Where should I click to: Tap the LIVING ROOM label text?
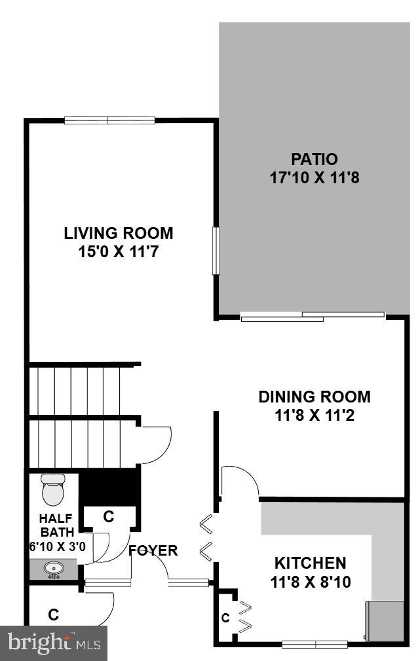(119, 233)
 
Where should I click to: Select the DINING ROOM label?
(314, 397)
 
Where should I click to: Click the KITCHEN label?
(310, 563)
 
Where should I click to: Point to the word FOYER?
(153, 550)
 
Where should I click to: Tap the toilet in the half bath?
(52, 488)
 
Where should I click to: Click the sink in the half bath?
(53, 569)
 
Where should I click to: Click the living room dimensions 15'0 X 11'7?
(119, 251)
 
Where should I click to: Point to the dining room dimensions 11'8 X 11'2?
(314, 415)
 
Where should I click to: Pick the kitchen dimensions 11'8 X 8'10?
(310, 581)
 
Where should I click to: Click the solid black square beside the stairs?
(109, 486)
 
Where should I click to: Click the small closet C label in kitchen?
(225, 617)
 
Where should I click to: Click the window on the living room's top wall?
(109, 120)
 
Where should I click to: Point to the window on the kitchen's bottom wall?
(314, 644)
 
